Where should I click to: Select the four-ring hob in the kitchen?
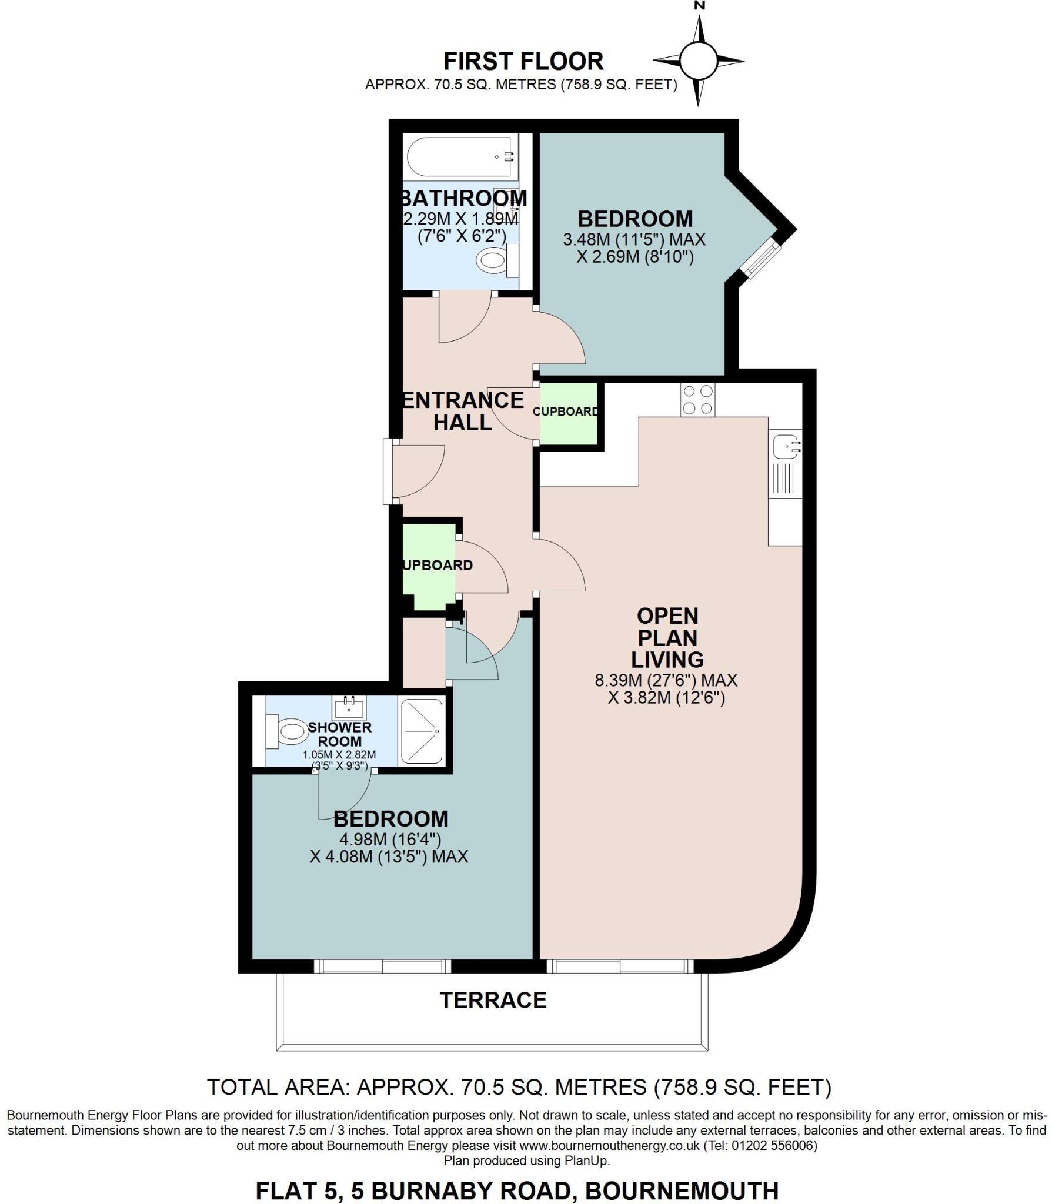coord(698,400)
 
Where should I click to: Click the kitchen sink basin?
coord(785,446)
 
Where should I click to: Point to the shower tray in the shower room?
coord(421,731)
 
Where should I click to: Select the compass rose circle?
coord(698,60)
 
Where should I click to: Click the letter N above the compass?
coord(699,6)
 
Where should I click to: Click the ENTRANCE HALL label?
coord(462,411)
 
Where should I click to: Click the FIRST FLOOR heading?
coord(523,61)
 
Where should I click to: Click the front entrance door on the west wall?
coord(389,471)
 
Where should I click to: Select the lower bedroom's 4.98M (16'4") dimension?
coord(390,838)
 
